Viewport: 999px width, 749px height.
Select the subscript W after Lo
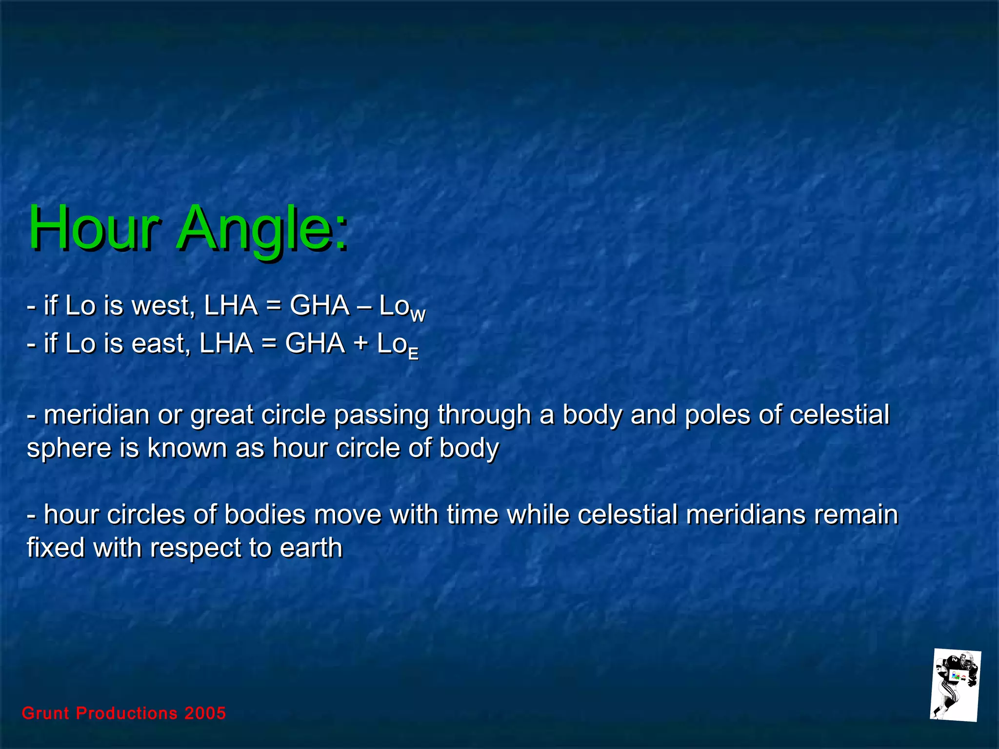tap(418, 316)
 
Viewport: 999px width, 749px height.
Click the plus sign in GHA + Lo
tap(361, 343)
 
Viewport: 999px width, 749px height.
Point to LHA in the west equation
tap(230, 306)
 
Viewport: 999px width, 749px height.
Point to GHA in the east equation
tap(315, 343)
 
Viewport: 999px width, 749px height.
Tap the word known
tap(187, 448)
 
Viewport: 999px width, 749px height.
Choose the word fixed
tap(56, 547)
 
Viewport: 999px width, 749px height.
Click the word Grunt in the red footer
tap(45, 713)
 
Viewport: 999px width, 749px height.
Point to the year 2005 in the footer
tap(205, 713)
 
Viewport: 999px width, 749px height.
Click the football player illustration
tap(955, 685)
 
